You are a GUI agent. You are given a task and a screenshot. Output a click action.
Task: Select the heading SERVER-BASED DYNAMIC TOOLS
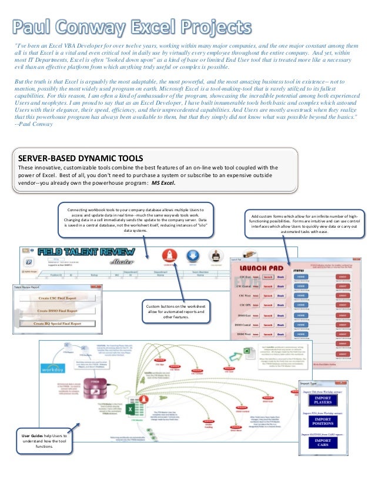pos(81,158)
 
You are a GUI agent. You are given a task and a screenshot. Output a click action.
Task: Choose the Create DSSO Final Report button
pos(57,310)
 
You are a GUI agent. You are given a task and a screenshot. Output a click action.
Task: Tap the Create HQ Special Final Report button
pos(57,324)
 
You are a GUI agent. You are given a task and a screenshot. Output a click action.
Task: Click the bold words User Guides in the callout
pos(31,435)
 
